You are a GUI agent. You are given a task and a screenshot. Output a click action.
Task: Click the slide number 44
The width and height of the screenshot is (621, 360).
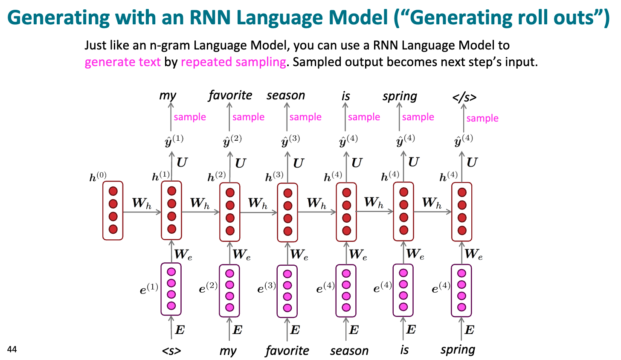pos(12,350)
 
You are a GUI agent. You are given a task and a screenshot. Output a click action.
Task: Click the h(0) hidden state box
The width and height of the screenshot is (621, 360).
pos(113,211)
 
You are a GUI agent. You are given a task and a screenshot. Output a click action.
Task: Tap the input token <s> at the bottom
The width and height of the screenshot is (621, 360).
pos(171,351)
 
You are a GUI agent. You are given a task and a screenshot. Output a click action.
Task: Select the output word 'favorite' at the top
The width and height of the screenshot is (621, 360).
pos(230,96)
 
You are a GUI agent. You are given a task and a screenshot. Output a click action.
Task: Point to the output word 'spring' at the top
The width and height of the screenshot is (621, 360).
pos(400,96)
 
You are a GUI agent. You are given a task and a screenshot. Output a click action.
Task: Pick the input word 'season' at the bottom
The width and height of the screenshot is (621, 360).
pos(349,351)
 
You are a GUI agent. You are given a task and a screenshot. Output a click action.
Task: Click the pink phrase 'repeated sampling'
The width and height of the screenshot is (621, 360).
pos(233,62)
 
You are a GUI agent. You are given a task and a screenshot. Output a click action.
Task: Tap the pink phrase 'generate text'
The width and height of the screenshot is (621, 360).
pos(122,62)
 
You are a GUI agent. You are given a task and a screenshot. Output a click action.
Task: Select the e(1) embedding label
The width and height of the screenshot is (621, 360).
pos(149,289)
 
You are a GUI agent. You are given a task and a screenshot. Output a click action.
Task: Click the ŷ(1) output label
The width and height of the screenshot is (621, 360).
pos(174,141)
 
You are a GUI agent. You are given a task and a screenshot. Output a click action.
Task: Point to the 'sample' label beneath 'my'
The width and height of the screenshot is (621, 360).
pos(190,117)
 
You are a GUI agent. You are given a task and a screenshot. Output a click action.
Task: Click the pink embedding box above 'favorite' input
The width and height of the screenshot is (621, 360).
pos(287,291)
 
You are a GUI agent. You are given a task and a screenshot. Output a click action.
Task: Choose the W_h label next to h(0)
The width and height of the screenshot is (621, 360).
pos(142,203)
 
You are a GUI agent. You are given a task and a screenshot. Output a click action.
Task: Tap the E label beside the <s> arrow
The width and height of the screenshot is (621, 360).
pos(180,330)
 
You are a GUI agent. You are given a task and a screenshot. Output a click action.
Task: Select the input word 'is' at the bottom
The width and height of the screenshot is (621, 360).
pos(404,350)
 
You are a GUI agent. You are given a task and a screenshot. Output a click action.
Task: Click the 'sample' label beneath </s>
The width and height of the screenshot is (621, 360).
pos(482,118)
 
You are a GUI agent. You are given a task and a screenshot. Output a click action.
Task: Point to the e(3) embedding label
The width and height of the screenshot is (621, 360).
pos(267,288)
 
